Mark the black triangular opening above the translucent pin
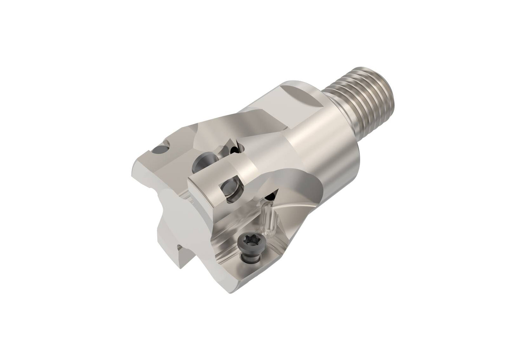point(272,196)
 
